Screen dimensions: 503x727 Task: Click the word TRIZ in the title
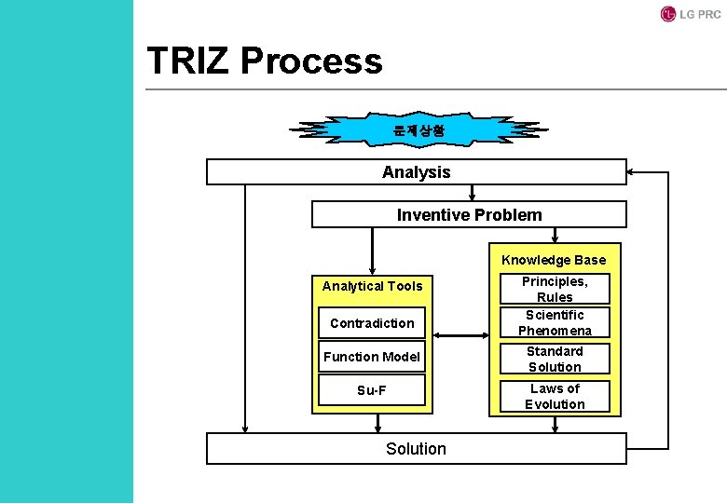tap(188, 61)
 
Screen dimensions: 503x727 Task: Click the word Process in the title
tap(311, 61)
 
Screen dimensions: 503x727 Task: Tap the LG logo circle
tap(667, 14)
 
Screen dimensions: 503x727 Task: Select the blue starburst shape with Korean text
tap(418, 131)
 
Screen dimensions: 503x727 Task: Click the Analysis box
tap(416, 172)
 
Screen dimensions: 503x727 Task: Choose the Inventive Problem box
tap(469, 215)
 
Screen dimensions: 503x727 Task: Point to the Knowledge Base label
tap(553, 260)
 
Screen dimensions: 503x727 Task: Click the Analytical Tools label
tap(372, 286)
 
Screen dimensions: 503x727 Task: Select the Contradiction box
tap(372, 323)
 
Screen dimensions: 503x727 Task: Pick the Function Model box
tap(372, 357)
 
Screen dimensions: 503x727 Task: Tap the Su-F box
tap(372, 390)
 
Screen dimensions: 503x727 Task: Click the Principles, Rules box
tap(555, 289)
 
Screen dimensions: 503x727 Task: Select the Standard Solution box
tap(555, 359)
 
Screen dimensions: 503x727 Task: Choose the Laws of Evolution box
tap(555, 396)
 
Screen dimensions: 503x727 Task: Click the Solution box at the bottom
tap(416, 449)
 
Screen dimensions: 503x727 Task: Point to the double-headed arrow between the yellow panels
tap(459, 335)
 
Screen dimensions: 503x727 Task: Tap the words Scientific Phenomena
tap(555, 322)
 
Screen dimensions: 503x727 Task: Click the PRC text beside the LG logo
tap(708, 15)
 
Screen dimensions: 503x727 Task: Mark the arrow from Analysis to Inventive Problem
tap(473, 194)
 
